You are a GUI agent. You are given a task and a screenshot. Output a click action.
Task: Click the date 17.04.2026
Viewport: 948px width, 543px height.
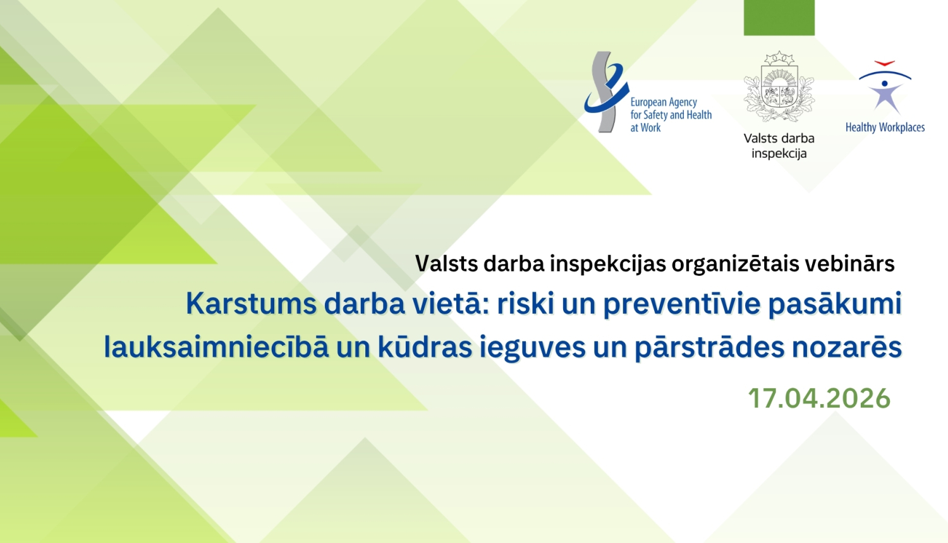(819, 398)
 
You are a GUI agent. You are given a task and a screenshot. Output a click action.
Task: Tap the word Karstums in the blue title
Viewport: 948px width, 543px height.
(250, 304)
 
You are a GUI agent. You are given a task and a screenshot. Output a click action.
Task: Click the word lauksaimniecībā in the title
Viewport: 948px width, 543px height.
(216, 348)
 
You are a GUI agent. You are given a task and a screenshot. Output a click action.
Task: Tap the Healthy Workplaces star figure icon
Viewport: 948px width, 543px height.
(884, 88)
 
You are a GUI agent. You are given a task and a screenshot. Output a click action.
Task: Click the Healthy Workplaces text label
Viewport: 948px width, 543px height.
(885, 128)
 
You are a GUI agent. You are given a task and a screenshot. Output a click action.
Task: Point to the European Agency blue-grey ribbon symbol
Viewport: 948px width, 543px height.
(605, 92)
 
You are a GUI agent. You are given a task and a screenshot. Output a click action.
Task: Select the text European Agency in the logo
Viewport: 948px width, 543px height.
(664, 102)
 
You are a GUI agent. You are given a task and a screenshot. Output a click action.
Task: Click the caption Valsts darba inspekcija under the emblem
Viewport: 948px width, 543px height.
(779, 146)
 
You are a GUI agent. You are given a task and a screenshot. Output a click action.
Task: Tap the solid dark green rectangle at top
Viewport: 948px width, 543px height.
(779, 17)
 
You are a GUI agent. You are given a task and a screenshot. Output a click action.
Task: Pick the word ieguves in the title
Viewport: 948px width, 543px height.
(532, 348)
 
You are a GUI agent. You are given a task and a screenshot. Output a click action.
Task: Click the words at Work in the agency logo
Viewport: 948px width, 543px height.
(645, 128)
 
